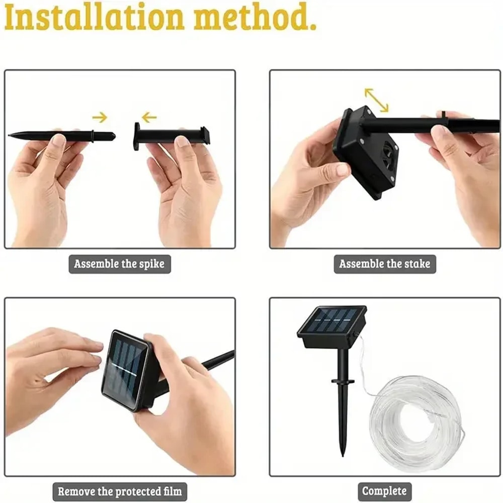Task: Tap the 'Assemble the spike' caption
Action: tap(119, 264)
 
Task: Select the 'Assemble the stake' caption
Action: tap(385, 264)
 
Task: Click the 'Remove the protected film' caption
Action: tap(119, 491)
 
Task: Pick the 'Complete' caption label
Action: tap(384, 491)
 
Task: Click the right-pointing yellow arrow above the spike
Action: tap(100, 118)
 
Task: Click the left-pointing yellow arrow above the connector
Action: tap(148, 118)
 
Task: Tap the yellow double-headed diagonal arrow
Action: tap(377, 100)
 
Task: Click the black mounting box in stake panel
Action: tap(366, 152)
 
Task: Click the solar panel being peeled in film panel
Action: tap(126, 370)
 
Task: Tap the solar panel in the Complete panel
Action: tap(331, 321)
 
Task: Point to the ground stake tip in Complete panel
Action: tap(343, 450)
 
